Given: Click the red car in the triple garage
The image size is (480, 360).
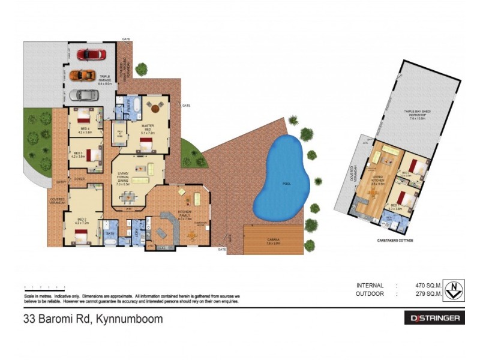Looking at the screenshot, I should coord(91,55).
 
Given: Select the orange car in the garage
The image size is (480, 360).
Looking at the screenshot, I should coord(82,75).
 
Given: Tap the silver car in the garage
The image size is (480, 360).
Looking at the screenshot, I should coord(83,95).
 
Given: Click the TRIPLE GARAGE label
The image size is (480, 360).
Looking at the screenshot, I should coord(104,79).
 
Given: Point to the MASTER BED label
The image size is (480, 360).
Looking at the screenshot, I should coord(148,127).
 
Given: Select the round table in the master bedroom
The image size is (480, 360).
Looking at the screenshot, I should coord(157,109).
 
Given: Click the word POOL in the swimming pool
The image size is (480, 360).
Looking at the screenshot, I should coord(287,183).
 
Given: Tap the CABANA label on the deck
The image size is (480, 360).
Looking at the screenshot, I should coord(273,239).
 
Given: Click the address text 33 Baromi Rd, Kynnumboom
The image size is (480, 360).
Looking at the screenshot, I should coord(92,319).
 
